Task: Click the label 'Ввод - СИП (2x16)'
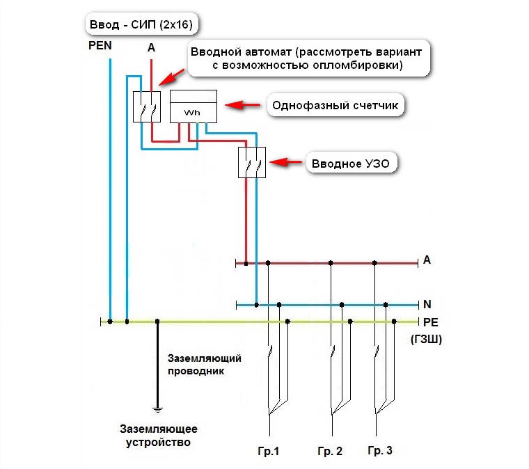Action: [x=141, y=26]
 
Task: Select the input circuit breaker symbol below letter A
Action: [x=147, y=106]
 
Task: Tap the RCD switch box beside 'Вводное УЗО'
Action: [x=252, y=163]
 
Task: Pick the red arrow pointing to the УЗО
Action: [x=285, y=162]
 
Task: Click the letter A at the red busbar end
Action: [x=427, y=260]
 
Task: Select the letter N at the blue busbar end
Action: [x=427, y=304]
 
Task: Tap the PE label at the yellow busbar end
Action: [x=430, y=322]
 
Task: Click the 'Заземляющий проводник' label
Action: [x=204, y=365]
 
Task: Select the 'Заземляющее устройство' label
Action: [x=158, y=435]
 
